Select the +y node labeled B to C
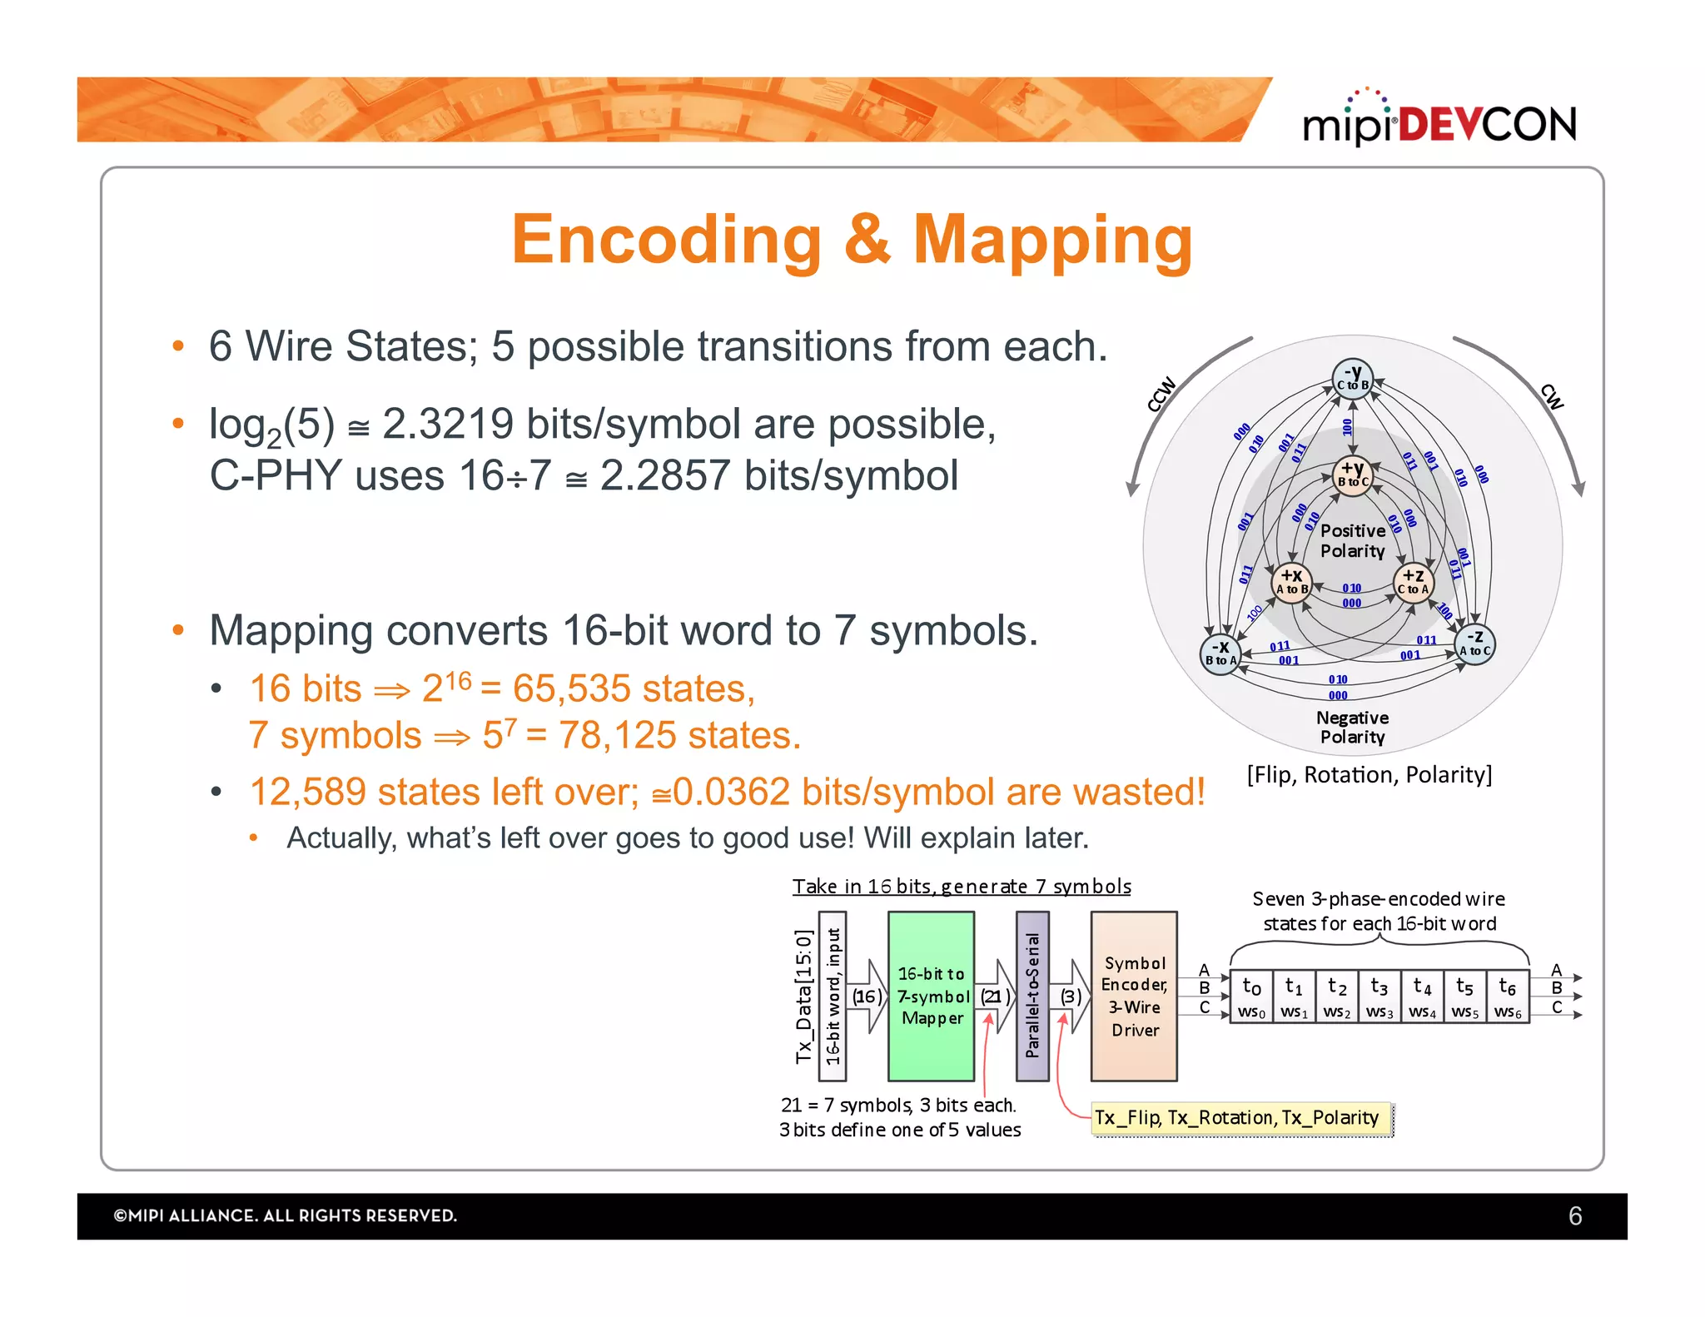[1352, 475]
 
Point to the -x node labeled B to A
[1220, 654]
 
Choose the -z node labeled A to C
[1474, 644]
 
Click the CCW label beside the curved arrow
[1161, 394]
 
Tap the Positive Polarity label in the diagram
[1352, 541]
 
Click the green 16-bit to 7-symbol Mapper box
[931, 996]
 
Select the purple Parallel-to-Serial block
[1032, 996]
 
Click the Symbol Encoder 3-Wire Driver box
[1134, 996]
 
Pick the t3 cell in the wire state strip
[1379, 996]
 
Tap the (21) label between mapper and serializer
[994, 996]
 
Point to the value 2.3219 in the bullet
[447, 425]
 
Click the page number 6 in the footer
[1574, 1216]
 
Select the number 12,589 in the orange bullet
[307, 792]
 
